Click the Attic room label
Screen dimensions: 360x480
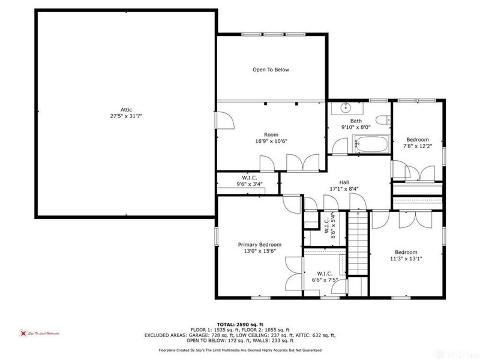click(x=125, y=109)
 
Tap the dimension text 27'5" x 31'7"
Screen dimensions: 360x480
click(x=125, y=116)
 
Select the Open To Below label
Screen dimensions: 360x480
click(x=271, y=70)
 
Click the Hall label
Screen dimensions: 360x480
click(x=344, y=182)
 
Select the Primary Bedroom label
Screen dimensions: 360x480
click(x=259, y=245)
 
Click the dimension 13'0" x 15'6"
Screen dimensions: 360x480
click(x=259, y=251)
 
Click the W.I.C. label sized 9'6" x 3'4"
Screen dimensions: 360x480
click(x=250, y=181)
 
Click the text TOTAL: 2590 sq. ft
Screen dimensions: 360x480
click(x=240, y=323)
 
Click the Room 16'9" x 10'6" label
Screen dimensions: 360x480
click(x=271, y=138)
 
